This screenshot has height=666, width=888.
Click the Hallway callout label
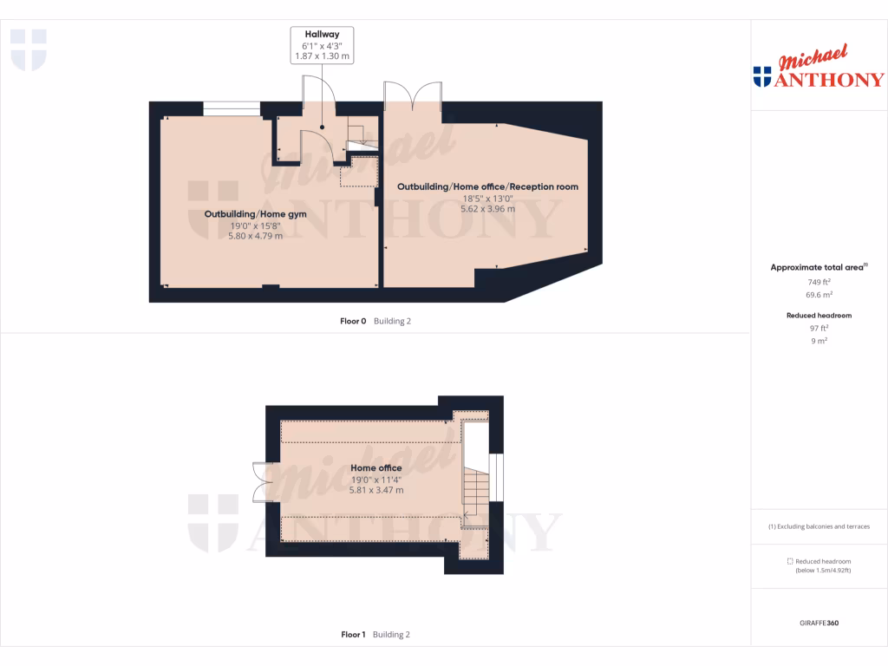point(322,35)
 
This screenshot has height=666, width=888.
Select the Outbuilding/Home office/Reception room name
point(487,186)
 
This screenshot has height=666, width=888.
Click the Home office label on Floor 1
point(376,468)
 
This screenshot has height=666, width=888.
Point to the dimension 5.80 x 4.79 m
point(243,236)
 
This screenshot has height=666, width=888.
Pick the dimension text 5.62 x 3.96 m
point(487,209)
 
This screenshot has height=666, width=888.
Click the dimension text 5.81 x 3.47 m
point(376,490)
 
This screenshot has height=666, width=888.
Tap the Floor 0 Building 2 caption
point(375,321)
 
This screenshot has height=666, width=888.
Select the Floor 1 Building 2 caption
point(375,635)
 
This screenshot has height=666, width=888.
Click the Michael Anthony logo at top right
point(819,69)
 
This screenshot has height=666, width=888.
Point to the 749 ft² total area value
point(819,282)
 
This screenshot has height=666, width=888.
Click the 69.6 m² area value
point(819,295)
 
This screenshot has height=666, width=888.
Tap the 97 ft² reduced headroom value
point(819,328)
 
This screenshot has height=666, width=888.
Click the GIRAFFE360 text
point(819,624)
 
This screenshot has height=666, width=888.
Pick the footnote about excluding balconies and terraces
point(819,526)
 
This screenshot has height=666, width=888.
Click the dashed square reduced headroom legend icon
point(789,561)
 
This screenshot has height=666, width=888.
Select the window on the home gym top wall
point(231,108)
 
